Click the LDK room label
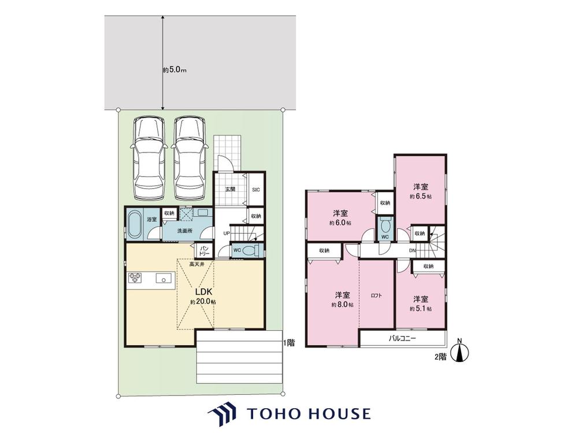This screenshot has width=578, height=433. tap(203, 292)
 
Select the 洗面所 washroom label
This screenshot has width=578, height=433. tap(184, 231)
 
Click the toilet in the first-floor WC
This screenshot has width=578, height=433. tap(253, 250)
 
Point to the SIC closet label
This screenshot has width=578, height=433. tap(256, 189)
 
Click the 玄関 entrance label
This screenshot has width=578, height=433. tap(230, 189)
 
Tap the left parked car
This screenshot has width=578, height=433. tap(148, 158)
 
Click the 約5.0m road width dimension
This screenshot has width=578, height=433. tap(175, 70)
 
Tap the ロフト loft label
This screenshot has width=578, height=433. tap(376, 295)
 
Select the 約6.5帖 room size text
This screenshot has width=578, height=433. tap(421, 197)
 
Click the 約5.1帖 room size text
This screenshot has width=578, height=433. tap(421, 309)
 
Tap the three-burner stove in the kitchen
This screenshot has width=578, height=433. tap(135, 278)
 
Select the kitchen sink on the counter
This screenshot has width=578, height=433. tap(164, 278)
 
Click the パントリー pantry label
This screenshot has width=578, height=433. tap(205, 251)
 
